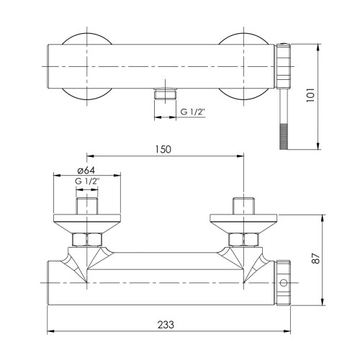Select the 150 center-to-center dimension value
coord(163,149)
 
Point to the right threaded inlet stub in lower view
coord(243,206)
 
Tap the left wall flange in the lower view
coord(87,221)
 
